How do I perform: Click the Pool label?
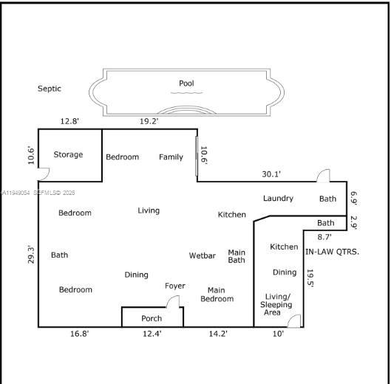(186, 83)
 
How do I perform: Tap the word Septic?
(50, 89)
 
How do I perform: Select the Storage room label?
(68, 155)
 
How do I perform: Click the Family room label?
(171, 157)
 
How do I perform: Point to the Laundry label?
(278, 198)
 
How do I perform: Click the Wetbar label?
(203, 256)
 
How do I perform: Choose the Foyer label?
(175, 286)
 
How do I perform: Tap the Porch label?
(152, 319)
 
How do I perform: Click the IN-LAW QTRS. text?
(332, 252)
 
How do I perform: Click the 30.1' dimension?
(271, 174)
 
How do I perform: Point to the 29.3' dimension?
(30, 254)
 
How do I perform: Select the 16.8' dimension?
(80, 335)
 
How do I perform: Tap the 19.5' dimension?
(311, 278)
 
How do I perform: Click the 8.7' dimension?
(324, 237)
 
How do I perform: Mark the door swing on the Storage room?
(44, 175)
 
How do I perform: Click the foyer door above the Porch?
(173, 301)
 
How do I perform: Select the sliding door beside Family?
(197, 155)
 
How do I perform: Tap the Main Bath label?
(237, 256)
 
